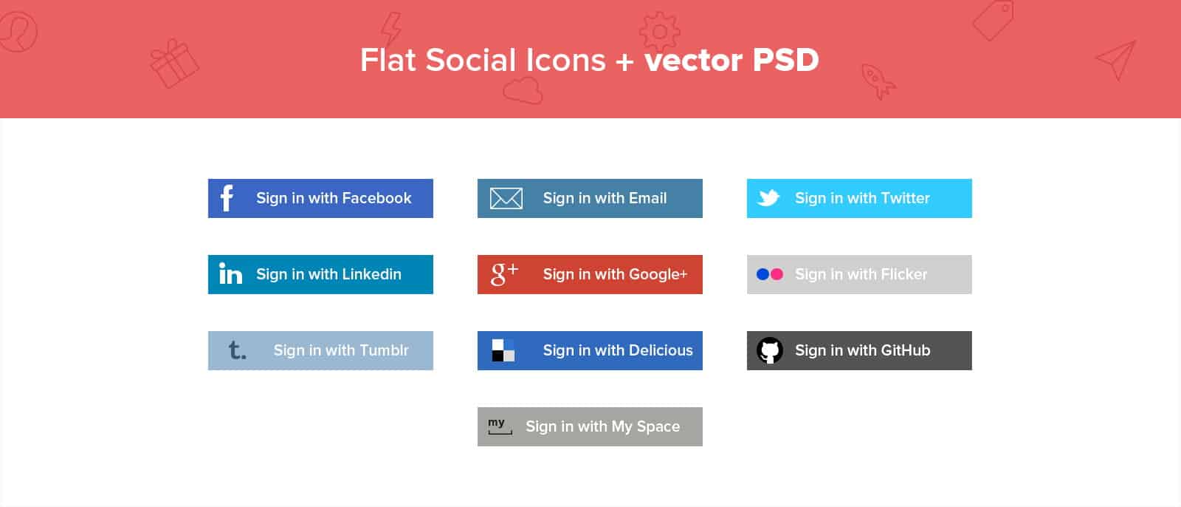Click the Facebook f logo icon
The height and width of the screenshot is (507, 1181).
227,198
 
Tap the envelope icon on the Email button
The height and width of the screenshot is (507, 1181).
506,198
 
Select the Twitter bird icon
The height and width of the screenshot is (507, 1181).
768,198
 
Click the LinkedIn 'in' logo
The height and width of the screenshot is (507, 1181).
230,274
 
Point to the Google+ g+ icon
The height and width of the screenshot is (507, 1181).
504,273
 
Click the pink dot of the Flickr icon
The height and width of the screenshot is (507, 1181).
777,274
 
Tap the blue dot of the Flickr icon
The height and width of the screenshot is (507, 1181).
762,274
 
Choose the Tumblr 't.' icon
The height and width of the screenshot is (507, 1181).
236,350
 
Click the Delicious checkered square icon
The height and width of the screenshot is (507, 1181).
503,350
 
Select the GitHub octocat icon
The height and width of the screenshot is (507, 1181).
769,350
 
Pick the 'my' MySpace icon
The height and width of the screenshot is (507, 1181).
499,426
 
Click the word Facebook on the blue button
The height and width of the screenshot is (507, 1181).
376,198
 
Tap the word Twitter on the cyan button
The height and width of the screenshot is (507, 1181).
905,198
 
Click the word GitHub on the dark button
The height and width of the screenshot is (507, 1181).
905,350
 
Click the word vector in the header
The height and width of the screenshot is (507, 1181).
693,60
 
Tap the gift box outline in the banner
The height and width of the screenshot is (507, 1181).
174,64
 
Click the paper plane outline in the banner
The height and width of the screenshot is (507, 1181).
1115,59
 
